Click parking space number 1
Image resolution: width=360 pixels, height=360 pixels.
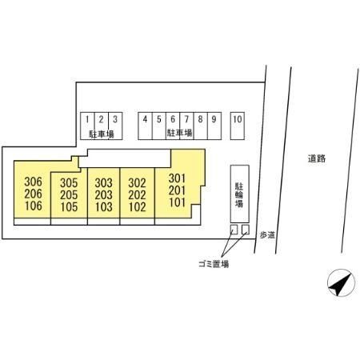(87, 126)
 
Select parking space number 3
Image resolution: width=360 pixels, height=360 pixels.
(115, 126)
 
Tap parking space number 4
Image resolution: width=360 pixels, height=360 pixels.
(145, 126)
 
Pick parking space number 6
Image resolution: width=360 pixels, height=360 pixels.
(173, 126)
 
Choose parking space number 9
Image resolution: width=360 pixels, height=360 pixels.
(214, 126)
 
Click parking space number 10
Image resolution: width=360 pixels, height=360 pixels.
(238, 126)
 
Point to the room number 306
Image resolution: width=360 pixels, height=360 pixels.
(33, 182)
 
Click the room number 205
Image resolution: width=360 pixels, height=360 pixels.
(69, 195)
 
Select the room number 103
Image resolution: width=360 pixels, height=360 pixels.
(104, 207)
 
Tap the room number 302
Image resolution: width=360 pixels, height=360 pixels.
(137, 183)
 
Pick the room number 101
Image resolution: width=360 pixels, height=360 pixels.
(177, 202)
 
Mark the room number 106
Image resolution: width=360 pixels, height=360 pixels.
(34, 206)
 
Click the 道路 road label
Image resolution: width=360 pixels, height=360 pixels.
(317, 158)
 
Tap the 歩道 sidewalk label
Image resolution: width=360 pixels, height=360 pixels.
(267, 235)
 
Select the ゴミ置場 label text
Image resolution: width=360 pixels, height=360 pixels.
(214, 264)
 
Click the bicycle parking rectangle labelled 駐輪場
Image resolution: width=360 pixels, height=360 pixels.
(240, 194)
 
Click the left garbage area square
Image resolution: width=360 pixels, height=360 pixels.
(234, 230)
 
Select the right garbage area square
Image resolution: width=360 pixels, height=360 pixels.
(246, 230)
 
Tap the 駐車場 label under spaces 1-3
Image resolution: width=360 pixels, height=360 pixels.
(102, 134)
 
